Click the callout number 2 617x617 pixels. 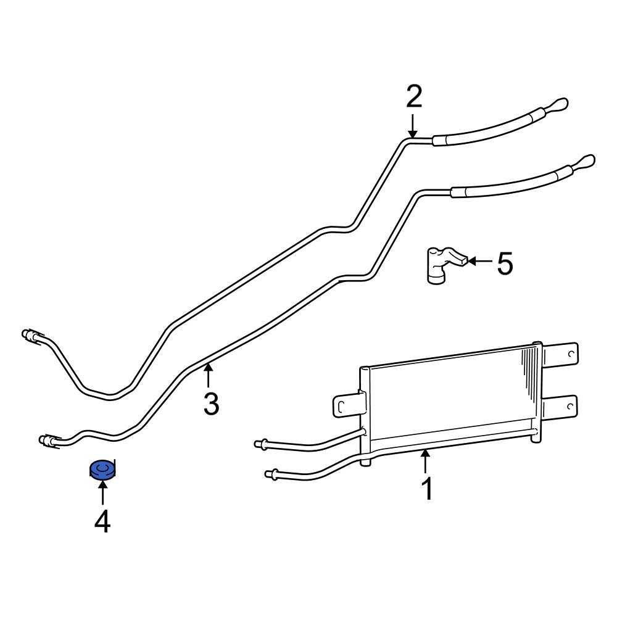[413, 97]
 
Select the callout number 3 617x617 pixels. [211, 404]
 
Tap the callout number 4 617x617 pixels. [102, 522]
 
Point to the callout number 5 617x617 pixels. [505, 265]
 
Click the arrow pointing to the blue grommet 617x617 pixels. [102, 494]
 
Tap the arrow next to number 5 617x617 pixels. [480, 262]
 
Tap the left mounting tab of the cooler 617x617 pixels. [342, 405]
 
